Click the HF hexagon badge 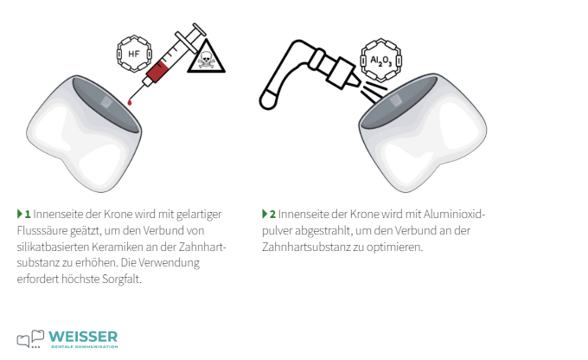coord(134,54)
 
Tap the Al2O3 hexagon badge coord(381,60)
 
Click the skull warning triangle coord(206,57)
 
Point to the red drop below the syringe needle coord(130,102)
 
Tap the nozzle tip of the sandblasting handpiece coord(355,80)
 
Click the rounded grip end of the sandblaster coord(269,100)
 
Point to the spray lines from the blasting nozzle coord(374,91)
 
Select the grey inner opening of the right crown coord(398,102)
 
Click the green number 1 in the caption coord(28,215)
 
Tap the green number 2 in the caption coord(272,215)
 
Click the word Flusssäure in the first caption coord(42,230)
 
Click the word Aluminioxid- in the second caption coord(455,215)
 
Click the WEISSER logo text coord(83,337)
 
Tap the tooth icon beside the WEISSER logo coord(30,338)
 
